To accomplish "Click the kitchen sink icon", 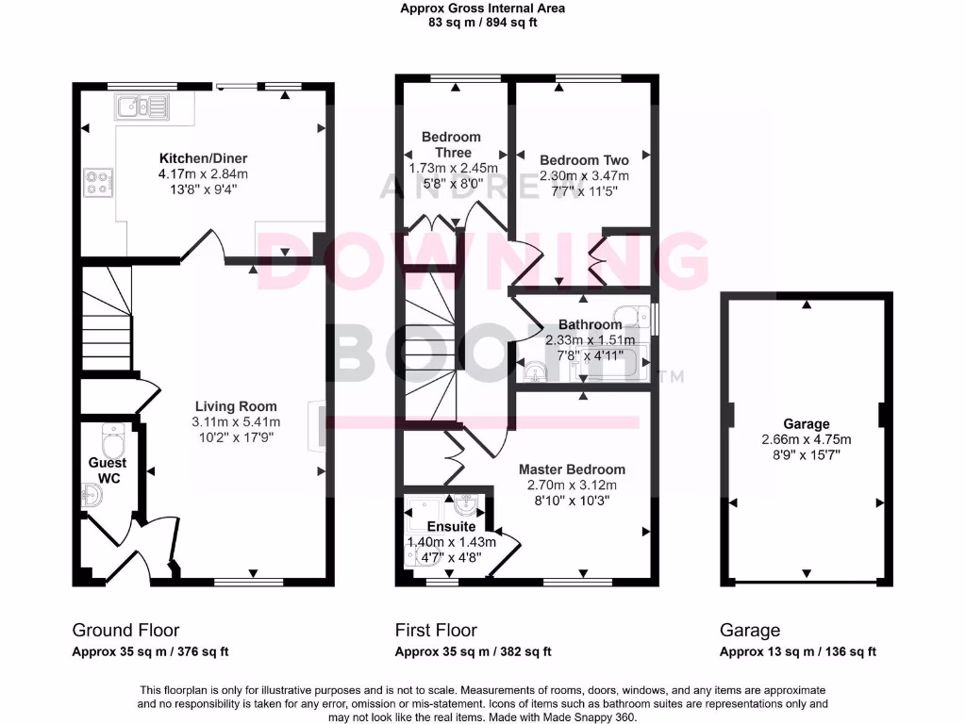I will coord(139,107).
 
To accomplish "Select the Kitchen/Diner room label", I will coord(203,158).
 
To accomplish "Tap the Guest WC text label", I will coord(108,470).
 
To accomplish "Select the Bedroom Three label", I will coord(451,144).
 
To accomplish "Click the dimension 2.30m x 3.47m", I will coord(584,175).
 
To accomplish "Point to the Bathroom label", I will coord(590,325).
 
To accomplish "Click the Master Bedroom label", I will coord(572,469).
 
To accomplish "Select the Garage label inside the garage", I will coord(806,424).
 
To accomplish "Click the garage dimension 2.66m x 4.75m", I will coord(806,439).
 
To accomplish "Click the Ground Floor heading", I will coord(125,630).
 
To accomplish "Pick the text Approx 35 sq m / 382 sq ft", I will coord(473,651).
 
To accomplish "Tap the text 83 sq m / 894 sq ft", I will coord(482,24).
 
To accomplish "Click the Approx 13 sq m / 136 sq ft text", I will coord(798,651).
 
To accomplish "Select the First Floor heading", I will coord(436,630).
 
